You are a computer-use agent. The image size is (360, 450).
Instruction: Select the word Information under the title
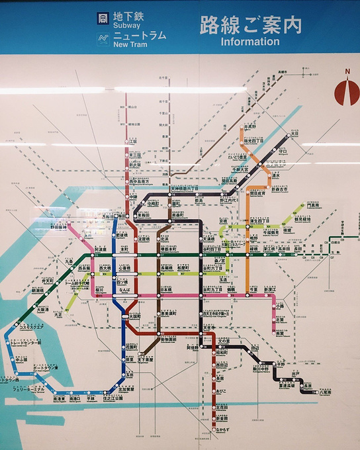point(250,41)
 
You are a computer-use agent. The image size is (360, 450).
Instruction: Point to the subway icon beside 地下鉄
point(103,18)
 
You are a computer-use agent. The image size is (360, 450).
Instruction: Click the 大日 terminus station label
point(295,134)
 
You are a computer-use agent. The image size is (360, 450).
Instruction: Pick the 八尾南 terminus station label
point(325,392)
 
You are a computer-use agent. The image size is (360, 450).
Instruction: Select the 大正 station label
point(59,315)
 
